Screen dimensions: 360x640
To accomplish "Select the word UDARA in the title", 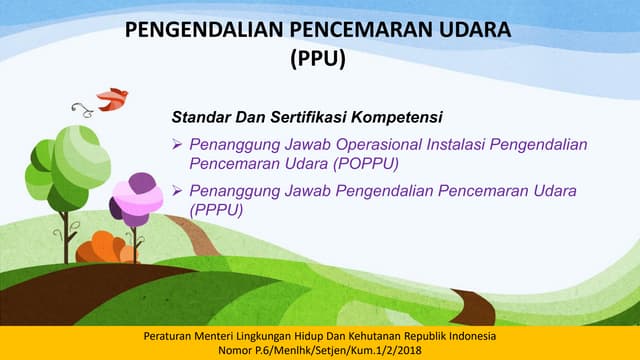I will pos(475,32).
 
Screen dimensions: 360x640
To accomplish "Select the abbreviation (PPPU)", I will pos(215,210).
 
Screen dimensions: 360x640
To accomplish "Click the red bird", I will pos(112,98).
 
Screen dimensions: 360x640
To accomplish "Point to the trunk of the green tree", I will pos(66,235).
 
